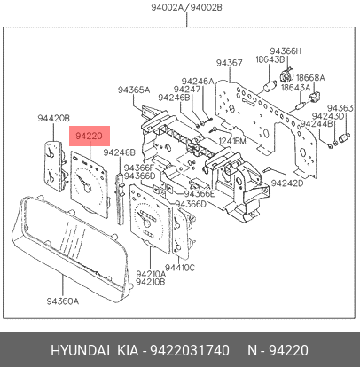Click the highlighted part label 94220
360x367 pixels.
click(89, 136)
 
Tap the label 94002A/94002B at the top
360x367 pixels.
click(186, 7)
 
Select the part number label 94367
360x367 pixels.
click(230, 63)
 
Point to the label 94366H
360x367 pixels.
click(286, 51)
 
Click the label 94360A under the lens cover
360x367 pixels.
click(63, 301)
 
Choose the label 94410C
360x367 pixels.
click(180, 268)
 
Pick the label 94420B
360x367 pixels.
click(53, 118)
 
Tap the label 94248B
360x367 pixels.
click(119, 152)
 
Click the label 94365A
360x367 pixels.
click(134, 90)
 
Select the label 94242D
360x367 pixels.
click(287, 183)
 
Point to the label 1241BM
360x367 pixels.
click(232, 141)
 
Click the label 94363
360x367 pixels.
click(340, 108)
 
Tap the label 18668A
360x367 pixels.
click(310, 78)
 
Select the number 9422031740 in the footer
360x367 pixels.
click(190, 351)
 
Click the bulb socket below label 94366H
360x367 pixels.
click(286, 74)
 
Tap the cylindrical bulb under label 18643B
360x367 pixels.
click(270, 87)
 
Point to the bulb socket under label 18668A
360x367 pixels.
click(315, 97)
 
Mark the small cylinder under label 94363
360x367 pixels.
click(345, 137)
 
